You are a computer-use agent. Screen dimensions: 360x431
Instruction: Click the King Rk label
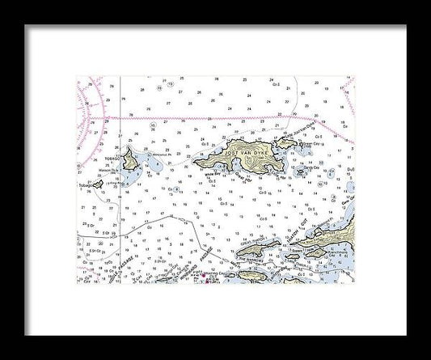[113, 184]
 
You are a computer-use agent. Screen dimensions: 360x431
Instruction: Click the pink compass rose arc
[91, 101]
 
